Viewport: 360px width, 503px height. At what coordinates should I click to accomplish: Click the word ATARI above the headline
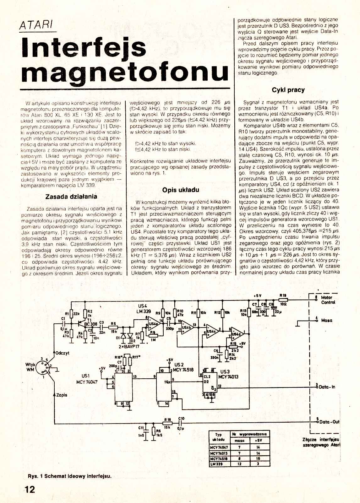[36, 25]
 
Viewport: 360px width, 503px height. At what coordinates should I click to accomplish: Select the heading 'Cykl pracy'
[288, 90]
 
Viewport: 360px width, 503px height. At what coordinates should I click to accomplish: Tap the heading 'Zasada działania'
[71, 197]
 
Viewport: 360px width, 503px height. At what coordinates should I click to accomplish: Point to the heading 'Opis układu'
[181, 190]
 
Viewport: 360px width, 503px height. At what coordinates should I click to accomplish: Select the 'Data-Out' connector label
[329, 422]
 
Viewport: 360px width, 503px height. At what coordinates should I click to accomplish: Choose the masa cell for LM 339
[239, 464]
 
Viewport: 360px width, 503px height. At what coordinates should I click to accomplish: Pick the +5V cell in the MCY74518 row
[258, 458]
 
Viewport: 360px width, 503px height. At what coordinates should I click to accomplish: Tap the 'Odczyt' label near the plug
[62, 353]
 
